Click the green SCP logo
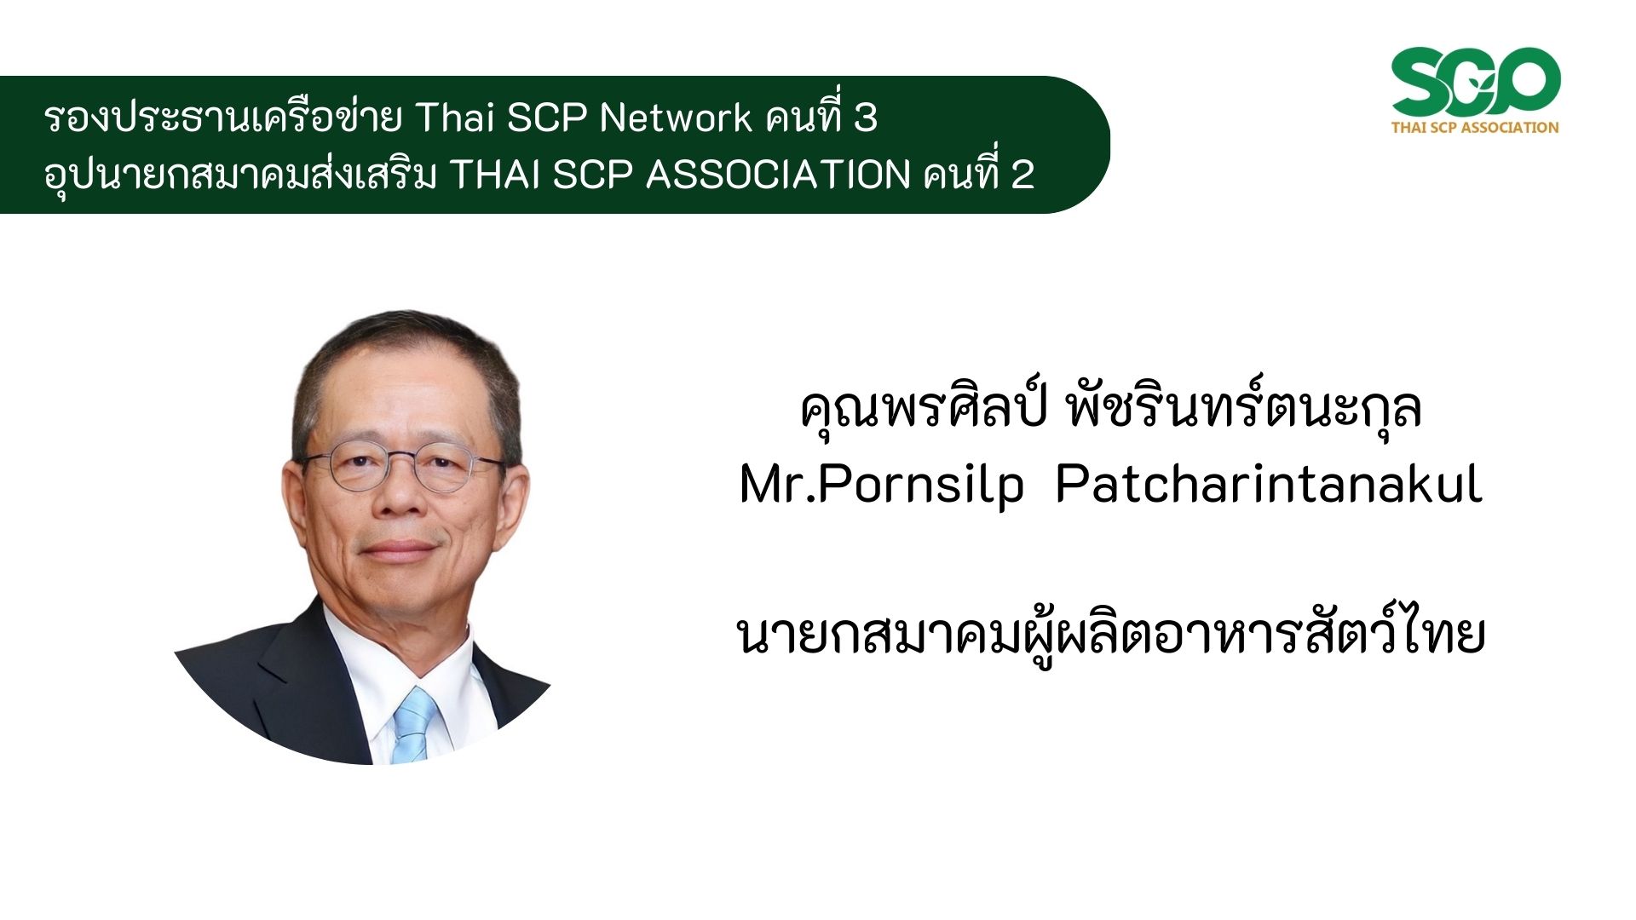click(1475, 83)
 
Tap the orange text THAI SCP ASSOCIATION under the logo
click(1475, 128)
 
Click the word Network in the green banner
click(675, 118)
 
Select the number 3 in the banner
click(866, 118)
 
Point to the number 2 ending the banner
click(1022, 175)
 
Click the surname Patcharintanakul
click(1269, 485)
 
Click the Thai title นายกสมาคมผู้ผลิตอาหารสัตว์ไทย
click(1111, 635)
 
